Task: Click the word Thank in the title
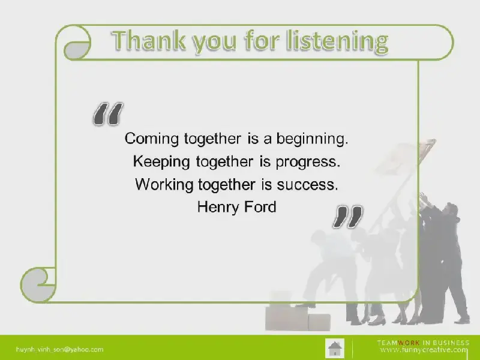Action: tap(149, 40)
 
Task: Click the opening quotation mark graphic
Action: tap(108, 114)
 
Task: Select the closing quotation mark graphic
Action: tap(347, 217)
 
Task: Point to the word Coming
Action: tap(152, 139)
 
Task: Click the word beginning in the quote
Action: tap(312, 139)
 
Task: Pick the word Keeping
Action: tap(161, 162)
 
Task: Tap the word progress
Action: tap(308, 162)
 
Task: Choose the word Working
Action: tap(164, 185)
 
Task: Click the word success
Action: tap(307, 185)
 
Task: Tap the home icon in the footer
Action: tap(335, 348)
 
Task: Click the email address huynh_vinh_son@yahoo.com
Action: tap(59, 349)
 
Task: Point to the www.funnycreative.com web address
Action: tap(424, 350)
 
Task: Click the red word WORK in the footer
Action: tap(409, 343)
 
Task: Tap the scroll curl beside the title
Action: tap(77, 43)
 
